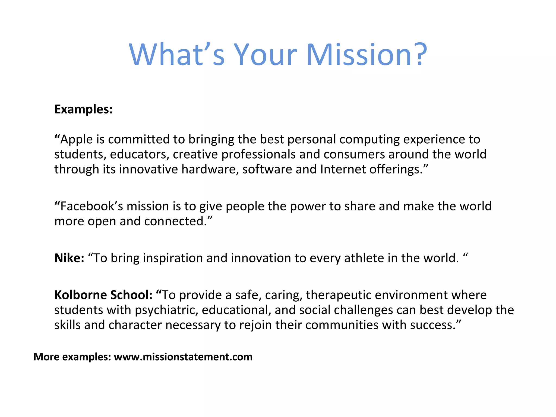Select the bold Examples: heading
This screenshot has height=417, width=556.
(83, 109)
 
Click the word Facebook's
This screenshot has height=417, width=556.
(91, 206)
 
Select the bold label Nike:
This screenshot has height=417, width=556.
(69, 258)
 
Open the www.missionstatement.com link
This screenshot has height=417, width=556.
(183, 357)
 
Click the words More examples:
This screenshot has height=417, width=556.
(72, 357)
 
